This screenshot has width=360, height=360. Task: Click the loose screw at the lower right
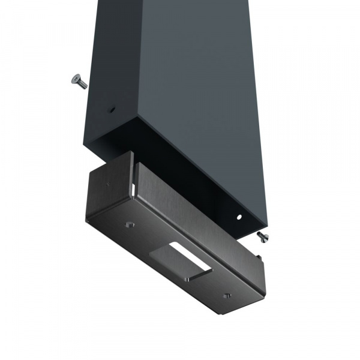[x=262, y=236]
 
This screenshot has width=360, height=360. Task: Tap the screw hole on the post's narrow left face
[x=112, y=110]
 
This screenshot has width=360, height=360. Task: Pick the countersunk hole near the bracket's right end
[x=226, y=295]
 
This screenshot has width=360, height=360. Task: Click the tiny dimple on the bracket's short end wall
[x=108, y=185]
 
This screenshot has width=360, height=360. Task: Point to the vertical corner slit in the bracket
[x=131, y=187]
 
